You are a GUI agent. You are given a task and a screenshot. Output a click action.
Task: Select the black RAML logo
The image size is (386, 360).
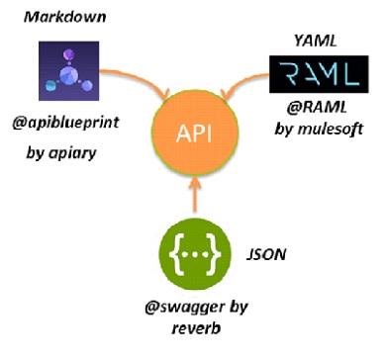pyautogui.click(x=315, y=75)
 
